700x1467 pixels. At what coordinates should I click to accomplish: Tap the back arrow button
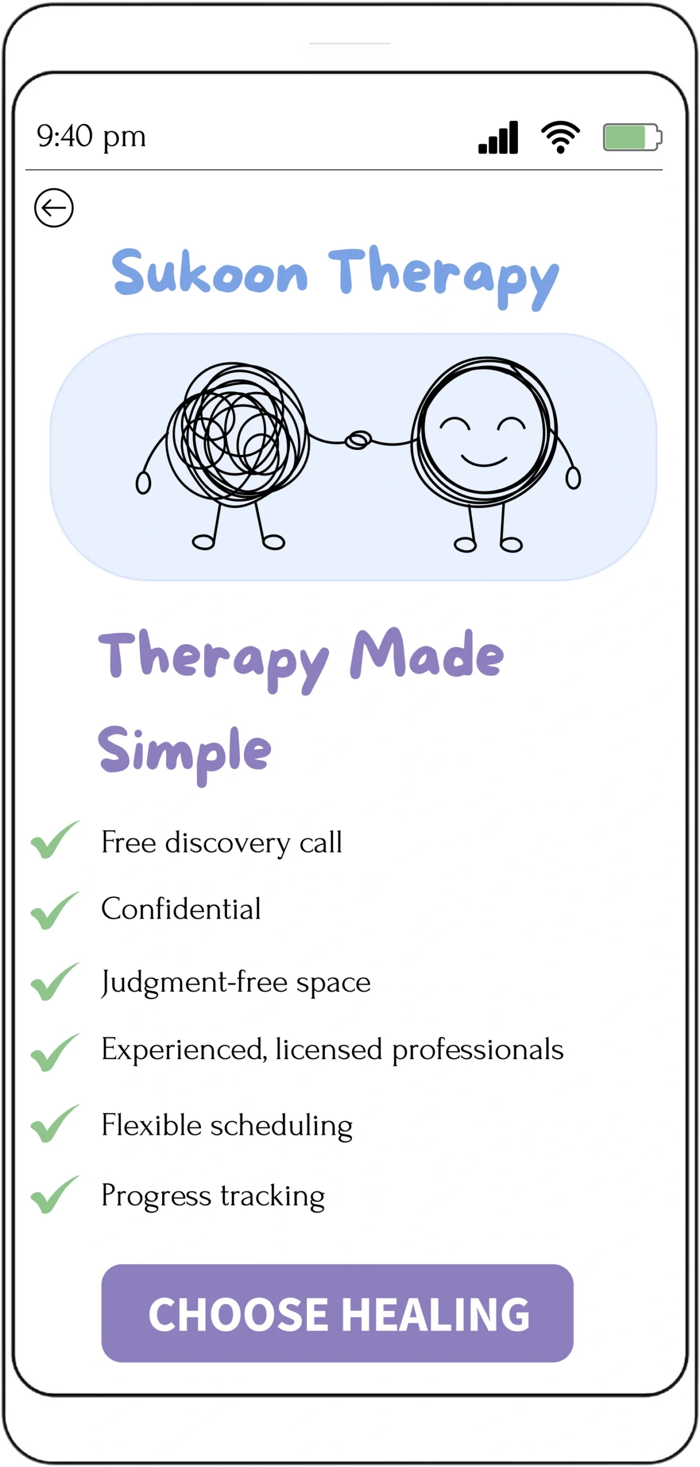(x=54, y=207)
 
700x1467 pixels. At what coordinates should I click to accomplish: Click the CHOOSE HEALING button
(x=337, y=1313)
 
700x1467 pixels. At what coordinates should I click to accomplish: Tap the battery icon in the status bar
(x=632, y=138)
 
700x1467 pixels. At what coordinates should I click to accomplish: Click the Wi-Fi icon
(x=560, y=138)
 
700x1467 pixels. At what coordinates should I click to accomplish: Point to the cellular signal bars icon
(x=498, y=138)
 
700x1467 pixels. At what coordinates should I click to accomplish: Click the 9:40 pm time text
(x=92, y=137)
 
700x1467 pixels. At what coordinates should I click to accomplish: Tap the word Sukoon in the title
(x=210, y=273)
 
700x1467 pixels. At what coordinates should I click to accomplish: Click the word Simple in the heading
(x=184, y=751)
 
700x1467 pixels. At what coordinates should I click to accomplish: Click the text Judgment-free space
(x=236, y=982)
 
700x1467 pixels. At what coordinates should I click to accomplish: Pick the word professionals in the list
(x=478, y=1050)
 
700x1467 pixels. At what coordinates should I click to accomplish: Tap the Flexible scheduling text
(x=227, y=1125)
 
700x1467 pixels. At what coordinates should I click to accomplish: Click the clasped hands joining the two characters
(x=358, y=440)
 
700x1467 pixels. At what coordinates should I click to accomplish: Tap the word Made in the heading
(x=427, y=655)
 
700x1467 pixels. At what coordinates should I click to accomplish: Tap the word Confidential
(x=181, y=909)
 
